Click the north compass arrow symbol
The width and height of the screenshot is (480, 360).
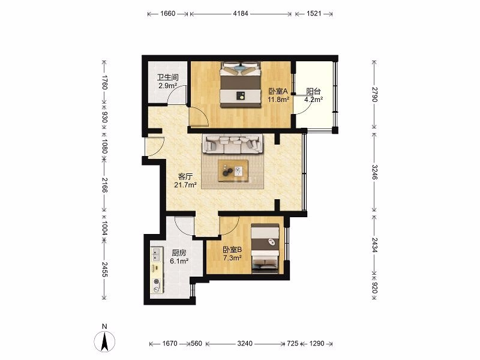click(x=104, y=341)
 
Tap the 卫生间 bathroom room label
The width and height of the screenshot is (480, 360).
click(x=168, y=78)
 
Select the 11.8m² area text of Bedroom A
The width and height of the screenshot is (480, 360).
click(x=278, y=100)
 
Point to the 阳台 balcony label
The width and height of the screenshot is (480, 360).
click(x=313, y=91)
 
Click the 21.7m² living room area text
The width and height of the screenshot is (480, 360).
click(x=185, y=185)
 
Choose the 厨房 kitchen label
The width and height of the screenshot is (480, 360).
click(x=179, y=253)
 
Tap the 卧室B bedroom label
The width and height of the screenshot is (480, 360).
click(x=232, y=250)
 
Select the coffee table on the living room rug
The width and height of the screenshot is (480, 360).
click(x=233, y=170)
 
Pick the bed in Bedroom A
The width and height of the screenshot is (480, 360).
click(x=241, y=85)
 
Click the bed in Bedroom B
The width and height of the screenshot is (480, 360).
click(x=265, y=248)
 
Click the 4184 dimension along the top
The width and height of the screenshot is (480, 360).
click(x=241, y=13)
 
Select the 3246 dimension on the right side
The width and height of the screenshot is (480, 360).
click(x=374, y=172)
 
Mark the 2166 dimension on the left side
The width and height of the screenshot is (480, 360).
click(x=104, y=185)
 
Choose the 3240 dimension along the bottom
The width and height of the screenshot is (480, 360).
click(x=245, y=343)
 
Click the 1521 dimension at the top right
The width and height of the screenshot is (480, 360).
click(x=314, y=13)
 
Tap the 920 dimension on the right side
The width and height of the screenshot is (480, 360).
click(x=374, y=287)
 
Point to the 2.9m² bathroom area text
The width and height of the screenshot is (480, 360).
click(x=168, y=86)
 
